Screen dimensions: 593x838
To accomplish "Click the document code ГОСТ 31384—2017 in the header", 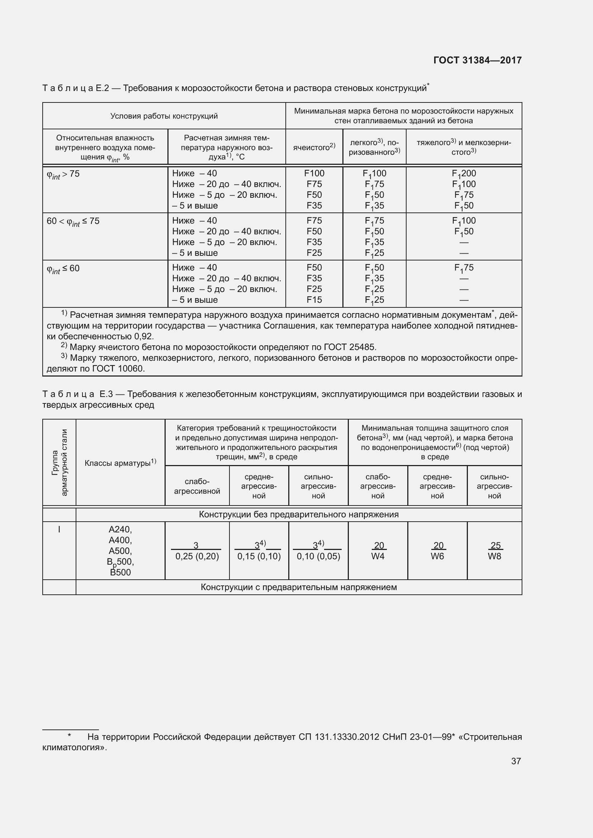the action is coord(477,60).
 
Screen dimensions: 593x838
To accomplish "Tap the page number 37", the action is coord(516,761).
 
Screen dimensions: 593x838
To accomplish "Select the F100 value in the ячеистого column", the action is coord(314,173).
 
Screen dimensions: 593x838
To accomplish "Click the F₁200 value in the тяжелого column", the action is coord(464,174).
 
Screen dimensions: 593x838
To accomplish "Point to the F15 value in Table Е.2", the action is coord(314,300).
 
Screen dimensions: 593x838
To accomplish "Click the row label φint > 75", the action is coord(63,174).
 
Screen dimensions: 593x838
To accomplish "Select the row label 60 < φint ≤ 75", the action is coord(73,221).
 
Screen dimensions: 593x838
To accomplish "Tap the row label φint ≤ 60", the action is coord(63,269).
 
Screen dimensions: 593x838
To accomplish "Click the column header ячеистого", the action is coord(314,147).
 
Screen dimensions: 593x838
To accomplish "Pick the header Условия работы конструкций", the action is coord(164,116).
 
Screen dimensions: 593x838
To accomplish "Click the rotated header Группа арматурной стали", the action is coord(59,463).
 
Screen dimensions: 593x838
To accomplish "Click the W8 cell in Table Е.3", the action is coord(494,556).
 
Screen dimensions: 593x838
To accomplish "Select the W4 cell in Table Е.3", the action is coord(378,556).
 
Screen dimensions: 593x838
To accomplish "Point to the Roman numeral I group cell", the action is coord(59,529).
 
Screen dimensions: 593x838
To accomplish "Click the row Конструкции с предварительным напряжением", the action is coord(298,587).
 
